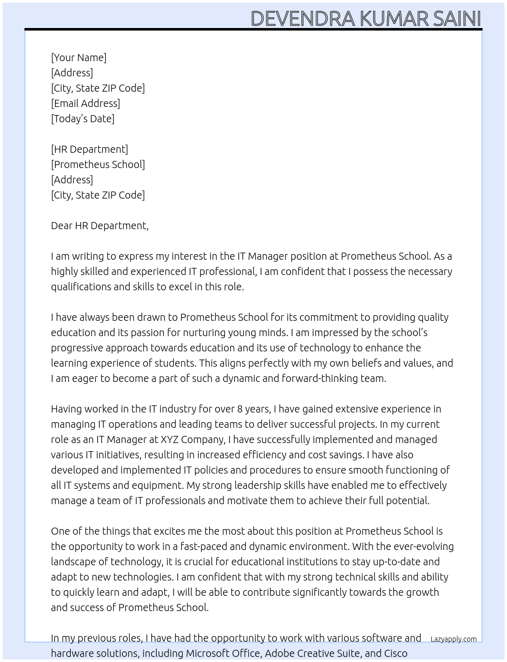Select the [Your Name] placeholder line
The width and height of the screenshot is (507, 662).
[78, 58]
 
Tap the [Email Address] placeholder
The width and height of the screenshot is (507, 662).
[86, 103]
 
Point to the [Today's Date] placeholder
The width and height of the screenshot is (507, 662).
[82, 119]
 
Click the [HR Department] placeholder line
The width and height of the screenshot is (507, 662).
[90, 149]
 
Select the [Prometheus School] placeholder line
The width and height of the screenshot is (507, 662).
[98, 164]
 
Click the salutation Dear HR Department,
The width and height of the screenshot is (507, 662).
[100, 226]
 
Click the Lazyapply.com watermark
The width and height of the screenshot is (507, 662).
[453, 639]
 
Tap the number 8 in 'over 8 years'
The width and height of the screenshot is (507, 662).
[240, 409]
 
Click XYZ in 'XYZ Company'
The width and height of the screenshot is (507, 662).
[170, 439]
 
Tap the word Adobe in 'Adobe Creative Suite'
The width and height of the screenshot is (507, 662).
[279, 653]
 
